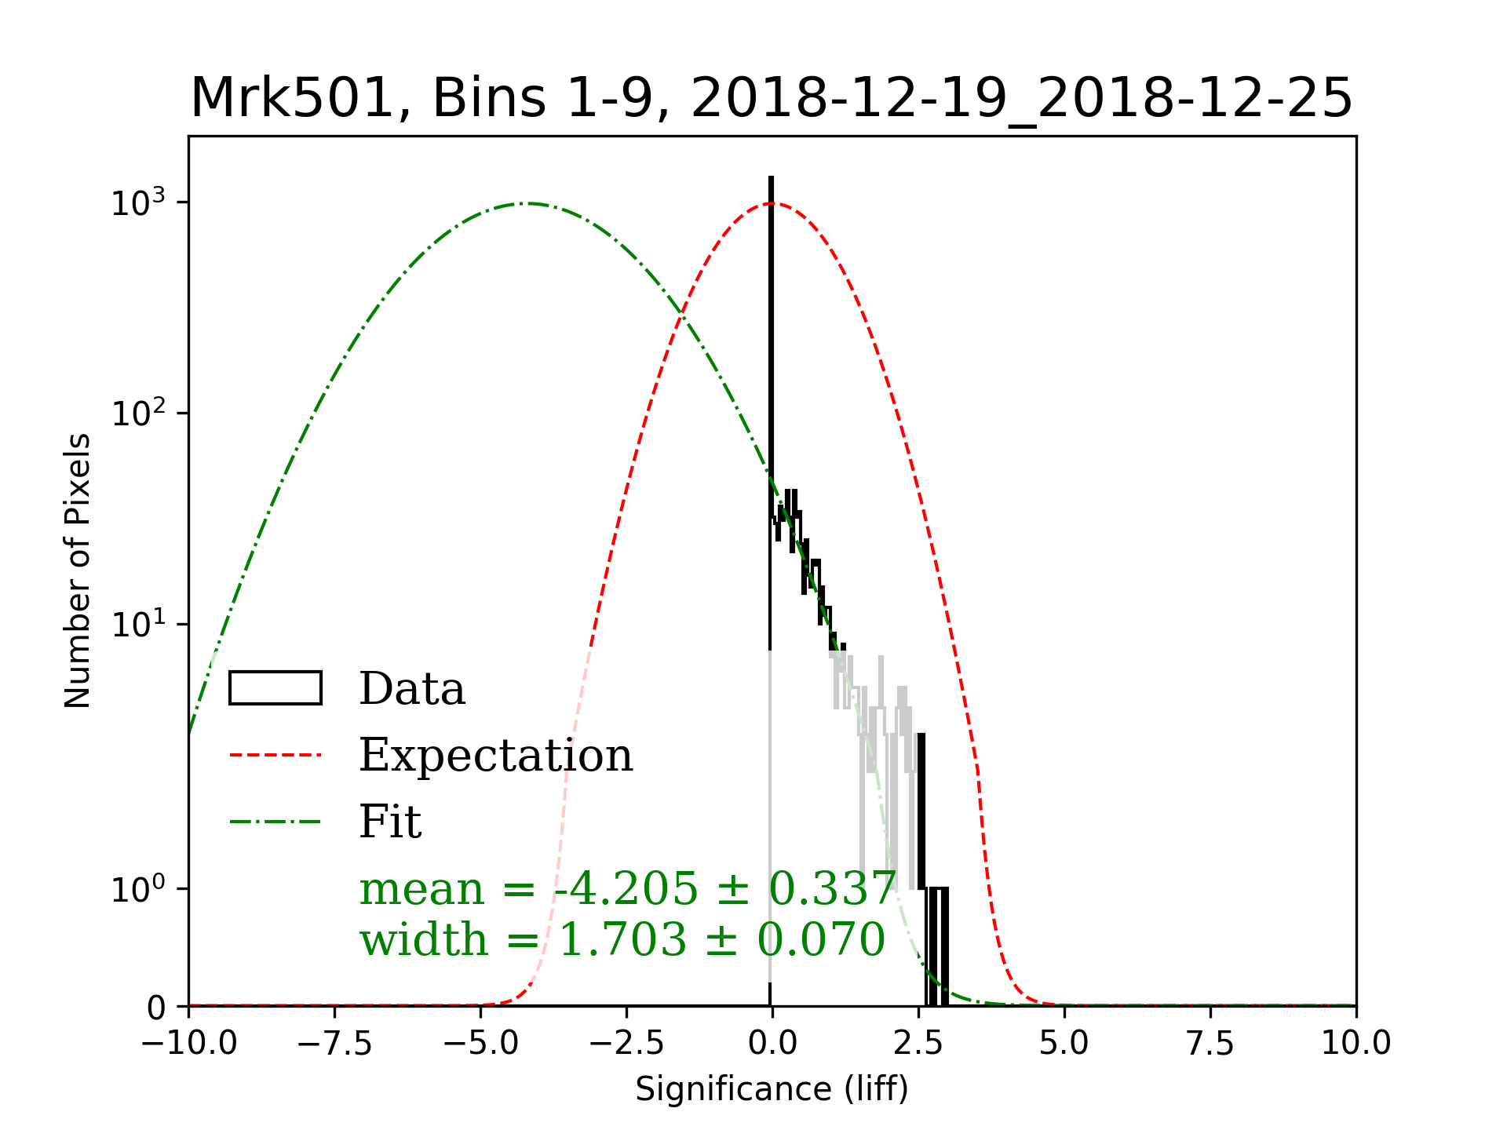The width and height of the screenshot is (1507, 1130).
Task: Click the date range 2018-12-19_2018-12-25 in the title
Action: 1021,99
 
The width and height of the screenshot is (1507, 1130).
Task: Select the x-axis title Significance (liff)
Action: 772,1089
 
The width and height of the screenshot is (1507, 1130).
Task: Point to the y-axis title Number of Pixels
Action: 78,570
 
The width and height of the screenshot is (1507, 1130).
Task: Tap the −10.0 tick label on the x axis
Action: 189,1044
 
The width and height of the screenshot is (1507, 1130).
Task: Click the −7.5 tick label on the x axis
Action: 335,1044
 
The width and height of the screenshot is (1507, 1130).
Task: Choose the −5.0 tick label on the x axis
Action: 480,1044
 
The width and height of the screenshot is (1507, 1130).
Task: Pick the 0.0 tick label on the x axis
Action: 772,1044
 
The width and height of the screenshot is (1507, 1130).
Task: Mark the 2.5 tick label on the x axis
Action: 918,1044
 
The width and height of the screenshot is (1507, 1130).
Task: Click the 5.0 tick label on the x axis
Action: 1064,1044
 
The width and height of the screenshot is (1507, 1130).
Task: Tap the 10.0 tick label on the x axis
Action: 1356,1044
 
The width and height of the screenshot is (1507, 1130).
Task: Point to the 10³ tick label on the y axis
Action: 139,203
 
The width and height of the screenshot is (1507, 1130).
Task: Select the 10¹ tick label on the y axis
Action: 139,625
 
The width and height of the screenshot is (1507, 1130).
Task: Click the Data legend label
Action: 412,689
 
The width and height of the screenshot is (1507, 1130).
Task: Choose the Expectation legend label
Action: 495,756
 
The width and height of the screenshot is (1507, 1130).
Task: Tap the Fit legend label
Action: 390,822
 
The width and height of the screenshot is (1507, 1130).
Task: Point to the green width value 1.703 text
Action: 622,939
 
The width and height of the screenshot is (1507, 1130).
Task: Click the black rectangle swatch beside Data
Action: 275,688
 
